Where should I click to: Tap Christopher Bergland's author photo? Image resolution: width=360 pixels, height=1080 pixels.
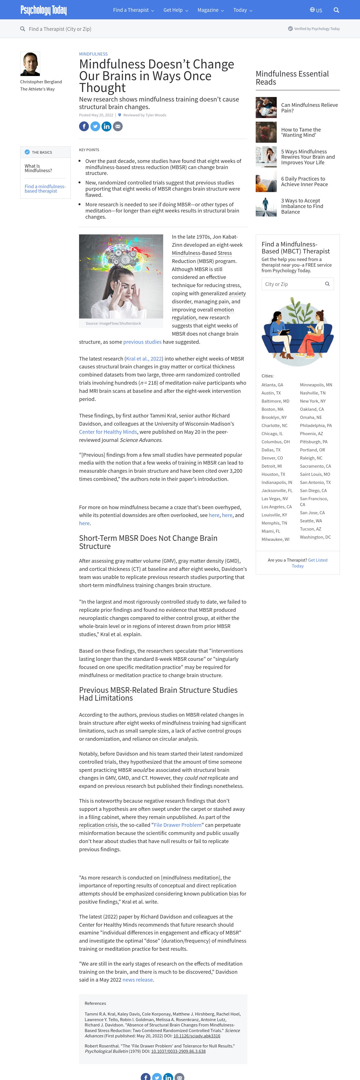30,64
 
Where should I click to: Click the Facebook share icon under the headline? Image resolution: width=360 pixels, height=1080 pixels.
84,126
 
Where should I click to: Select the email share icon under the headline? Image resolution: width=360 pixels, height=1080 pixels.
118,126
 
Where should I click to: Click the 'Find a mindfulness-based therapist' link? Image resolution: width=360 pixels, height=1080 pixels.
45,189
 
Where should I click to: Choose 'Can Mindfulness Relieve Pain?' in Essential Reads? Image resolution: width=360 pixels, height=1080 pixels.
309,108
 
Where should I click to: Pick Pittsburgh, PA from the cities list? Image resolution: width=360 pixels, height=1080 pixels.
313,442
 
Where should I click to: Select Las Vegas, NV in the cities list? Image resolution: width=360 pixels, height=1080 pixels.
274,499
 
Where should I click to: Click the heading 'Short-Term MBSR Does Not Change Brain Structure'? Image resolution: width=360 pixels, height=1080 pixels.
148,542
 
